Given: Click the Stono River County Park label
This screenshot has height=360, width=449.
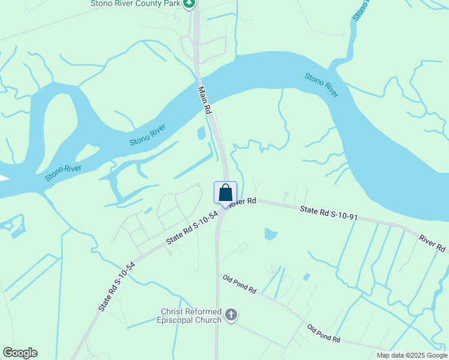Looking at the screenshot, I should [x=134, y=3].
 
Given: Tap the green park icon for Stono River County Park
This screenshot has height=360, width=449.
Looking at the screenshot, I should [x=189, y=3].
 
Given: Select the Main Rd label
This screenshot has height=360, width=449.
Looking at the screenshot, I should [x=205, y=100].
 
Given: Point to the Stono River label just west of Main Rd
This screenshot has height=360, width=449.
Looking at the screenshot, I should [x=148, y=135].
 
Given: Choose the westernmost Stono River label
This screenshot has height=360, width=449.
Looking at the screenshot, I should [x=63, y=173].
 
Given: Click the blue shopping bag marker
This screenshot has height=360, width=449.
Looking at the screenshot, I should [x=225, y=193].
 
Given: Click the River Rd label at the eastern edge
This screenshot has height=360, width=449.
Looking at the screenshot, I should [x=432, y=243].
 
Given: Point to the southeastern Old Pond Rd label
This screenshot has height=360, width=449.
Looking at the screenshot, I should [x=324, y=334].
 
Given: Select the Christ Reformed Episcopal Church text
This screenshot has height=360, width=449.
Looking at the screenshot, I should [x=191, y=316].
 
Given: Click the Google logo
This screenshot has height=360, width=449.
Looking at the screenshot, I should [x=20, y=353].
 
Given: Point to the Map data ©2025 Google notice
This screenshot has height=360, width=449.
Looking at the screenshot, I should [x=412, y=355].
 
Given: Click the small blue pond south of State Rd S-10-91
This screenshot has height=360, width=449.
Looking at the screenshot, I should [x=271, y=234].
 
